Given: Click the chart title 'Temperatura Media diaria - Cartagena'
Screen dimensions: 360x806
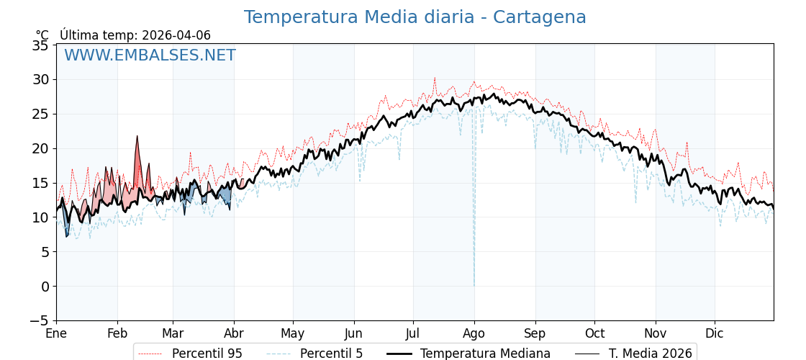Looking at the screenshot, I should coord(415,17).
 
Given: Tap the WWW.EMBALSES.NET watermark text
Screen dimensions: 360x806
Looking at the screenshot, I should coord(150,55).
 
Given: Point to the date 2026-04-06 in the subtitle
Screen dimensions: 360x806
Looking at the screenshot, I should coord(176,35).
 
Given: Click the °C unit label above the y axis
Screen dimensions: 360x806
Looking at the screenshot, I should coord(42,35).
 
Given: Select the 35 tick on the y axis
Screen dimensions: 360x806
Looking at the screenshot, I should coord(40,45).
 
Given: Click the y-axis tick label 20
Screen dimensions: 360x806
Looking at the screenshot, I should coord(40,148).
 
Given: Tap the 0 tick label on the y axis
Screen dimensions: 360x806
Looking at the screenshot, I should coord(45,287).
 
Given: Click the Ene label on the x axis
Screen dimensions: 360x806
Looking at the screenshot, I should coord(56,333).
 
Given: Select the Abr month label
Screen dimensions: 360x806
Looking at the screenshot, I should coord(234,333).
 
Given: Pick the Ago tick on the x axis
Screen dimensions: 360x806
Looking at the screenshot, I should coord(474,333).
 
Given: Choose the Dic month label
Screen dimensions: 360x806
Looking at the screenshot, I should coord(715,333).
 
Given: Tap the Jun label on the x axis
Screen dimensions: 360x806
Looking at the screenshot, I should coord(353,333).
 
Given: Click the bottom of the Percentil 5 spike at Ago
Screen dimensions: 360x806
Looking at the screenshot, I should coord(474,285).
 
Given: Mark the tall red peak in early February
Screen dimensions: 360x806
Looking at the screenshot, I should coord(137,136).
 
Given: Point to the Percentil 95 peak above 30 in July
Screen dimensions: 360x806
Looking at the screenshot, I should coord(435,78).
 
